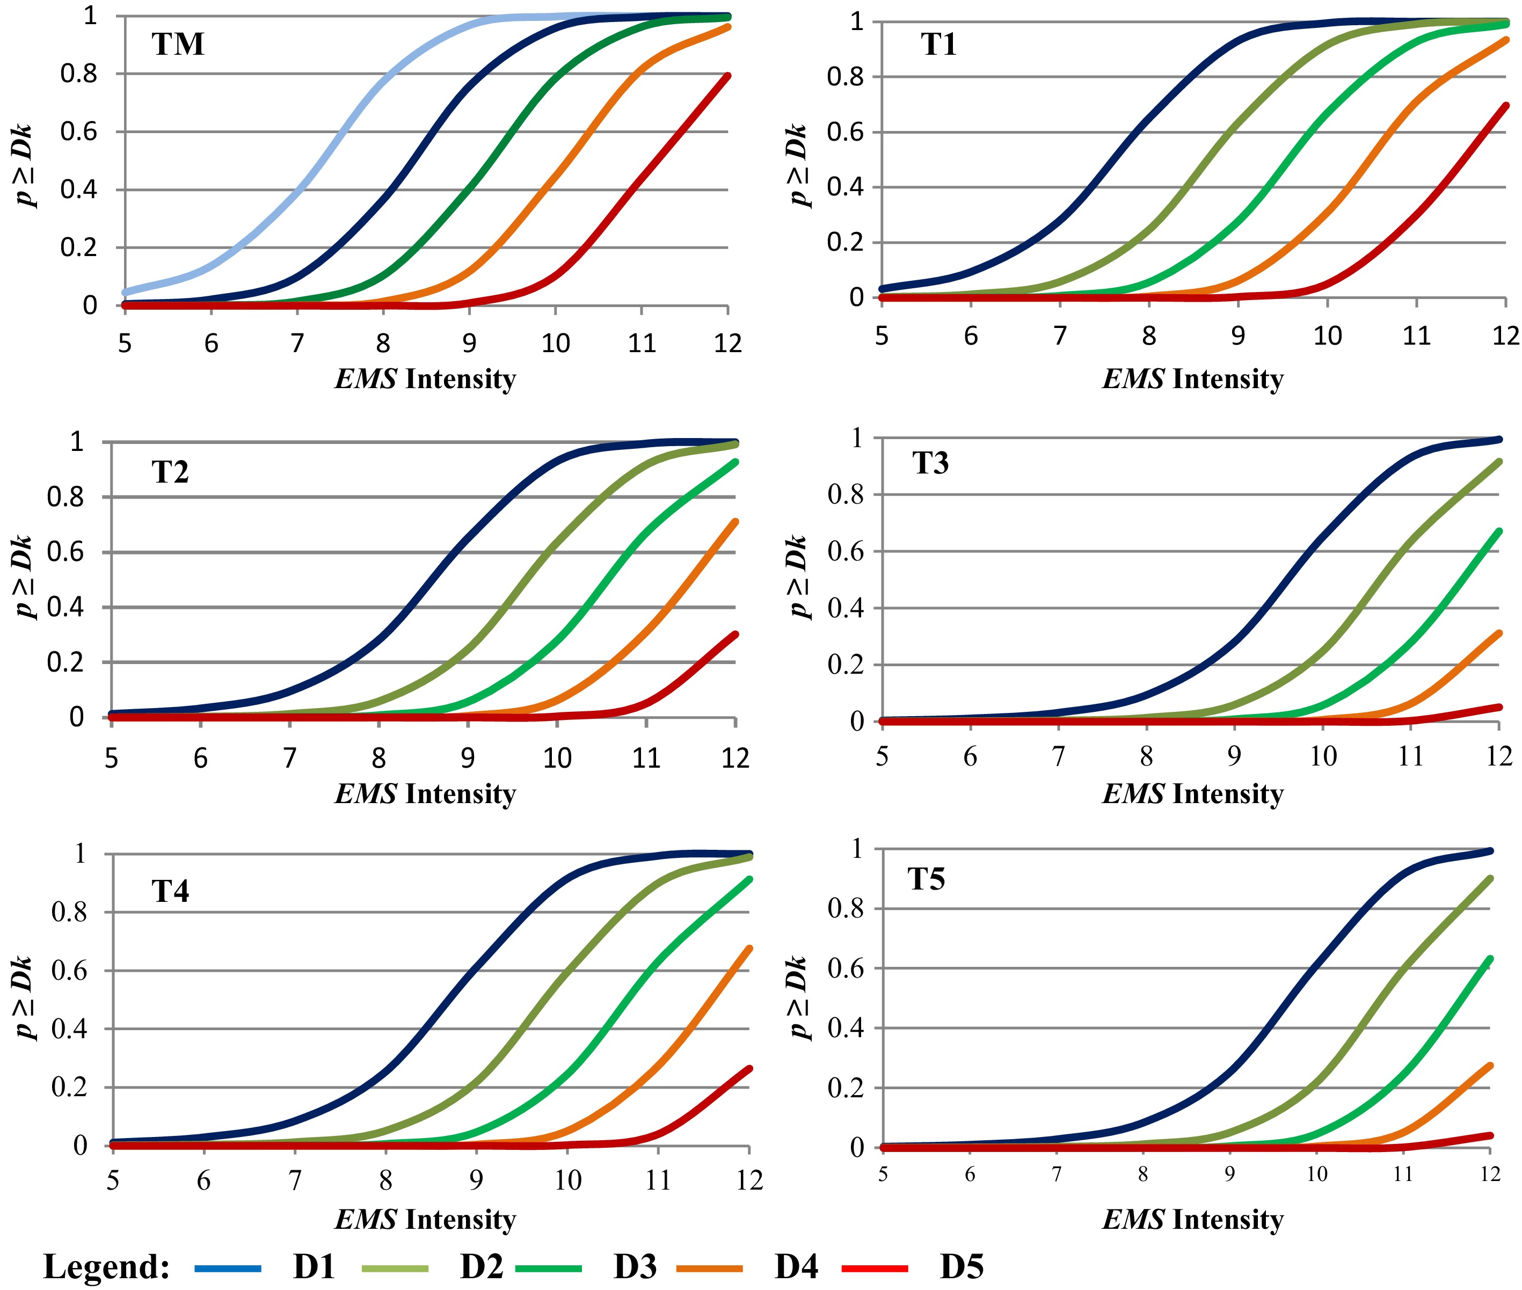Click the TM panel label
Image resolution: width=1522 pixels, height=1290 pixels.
click(178, 45)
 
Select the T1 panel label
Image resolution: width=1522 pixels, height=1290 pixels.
click(938, 45)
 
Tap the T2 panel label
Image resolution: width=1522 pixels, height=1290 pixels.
click(170, 472)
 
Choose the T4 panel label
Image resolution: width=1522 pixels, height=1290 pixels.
click(170, 891)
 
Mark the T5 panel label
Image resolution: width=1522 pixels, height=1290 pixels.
click(926, 878)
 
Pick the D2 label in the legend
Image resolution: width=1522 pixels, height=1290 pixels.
click(481, 1266)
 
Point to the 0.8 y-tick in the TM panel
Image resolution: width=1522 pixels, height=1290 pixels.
click(78, 74)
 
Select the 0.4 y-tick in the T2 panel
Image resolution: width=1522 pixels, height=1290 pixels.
click(65, 607)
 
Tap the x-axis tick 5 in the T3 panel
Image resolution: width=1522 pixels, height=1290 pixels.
click(882, 755)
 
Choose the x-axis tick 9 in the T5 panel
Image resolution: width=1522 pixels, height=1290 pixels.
click(1229, 1174)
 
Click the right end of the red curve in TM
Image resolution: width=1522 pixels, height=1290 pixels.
click(728, 75)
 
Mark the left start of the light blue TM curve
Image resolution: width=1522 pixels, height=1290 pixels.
click(126, 292)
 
